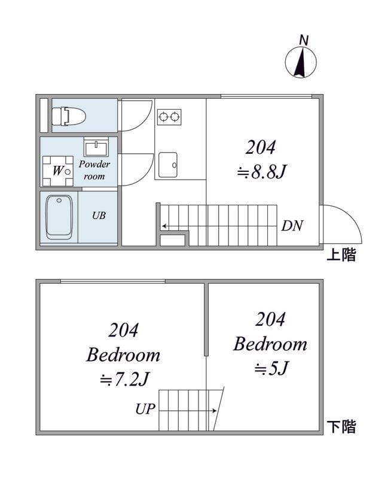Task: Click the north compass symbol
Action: click(x=301, y=62)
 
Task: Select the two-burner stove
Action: click(x=169, y=117)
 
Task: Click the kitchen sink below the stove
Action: click(x=168, y=165)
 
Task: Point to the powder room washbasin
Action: click(x=96, y=147)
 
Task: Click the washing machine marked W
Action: click(x=57, y=171)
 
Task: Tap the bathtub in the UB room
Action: click(x=59, y=217)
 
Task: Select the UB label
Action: click(x=99, y=216)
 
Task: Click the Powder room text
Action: click(x=94, y=170)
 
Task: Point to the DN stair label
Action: click(x=292, y=226)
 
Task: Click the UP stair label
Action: click(x=145, y=409)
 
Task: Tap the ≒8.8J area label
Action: click(x=262, y=172)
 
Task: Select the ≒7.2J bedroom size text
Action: click(x=124, y=380)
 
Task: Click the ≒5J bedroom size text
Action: click(x=271, y=368)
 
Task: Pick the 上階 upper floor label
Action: click(x=341, y=255)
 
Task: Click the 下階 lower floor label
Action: click(x=341, y=426)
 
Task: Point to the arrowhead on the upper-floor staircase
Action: click(x=164, y=226)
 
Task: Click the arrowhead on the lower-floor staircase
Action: click(x=215, y=411)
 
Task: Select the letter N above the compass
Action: click(x=304, y=40)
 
